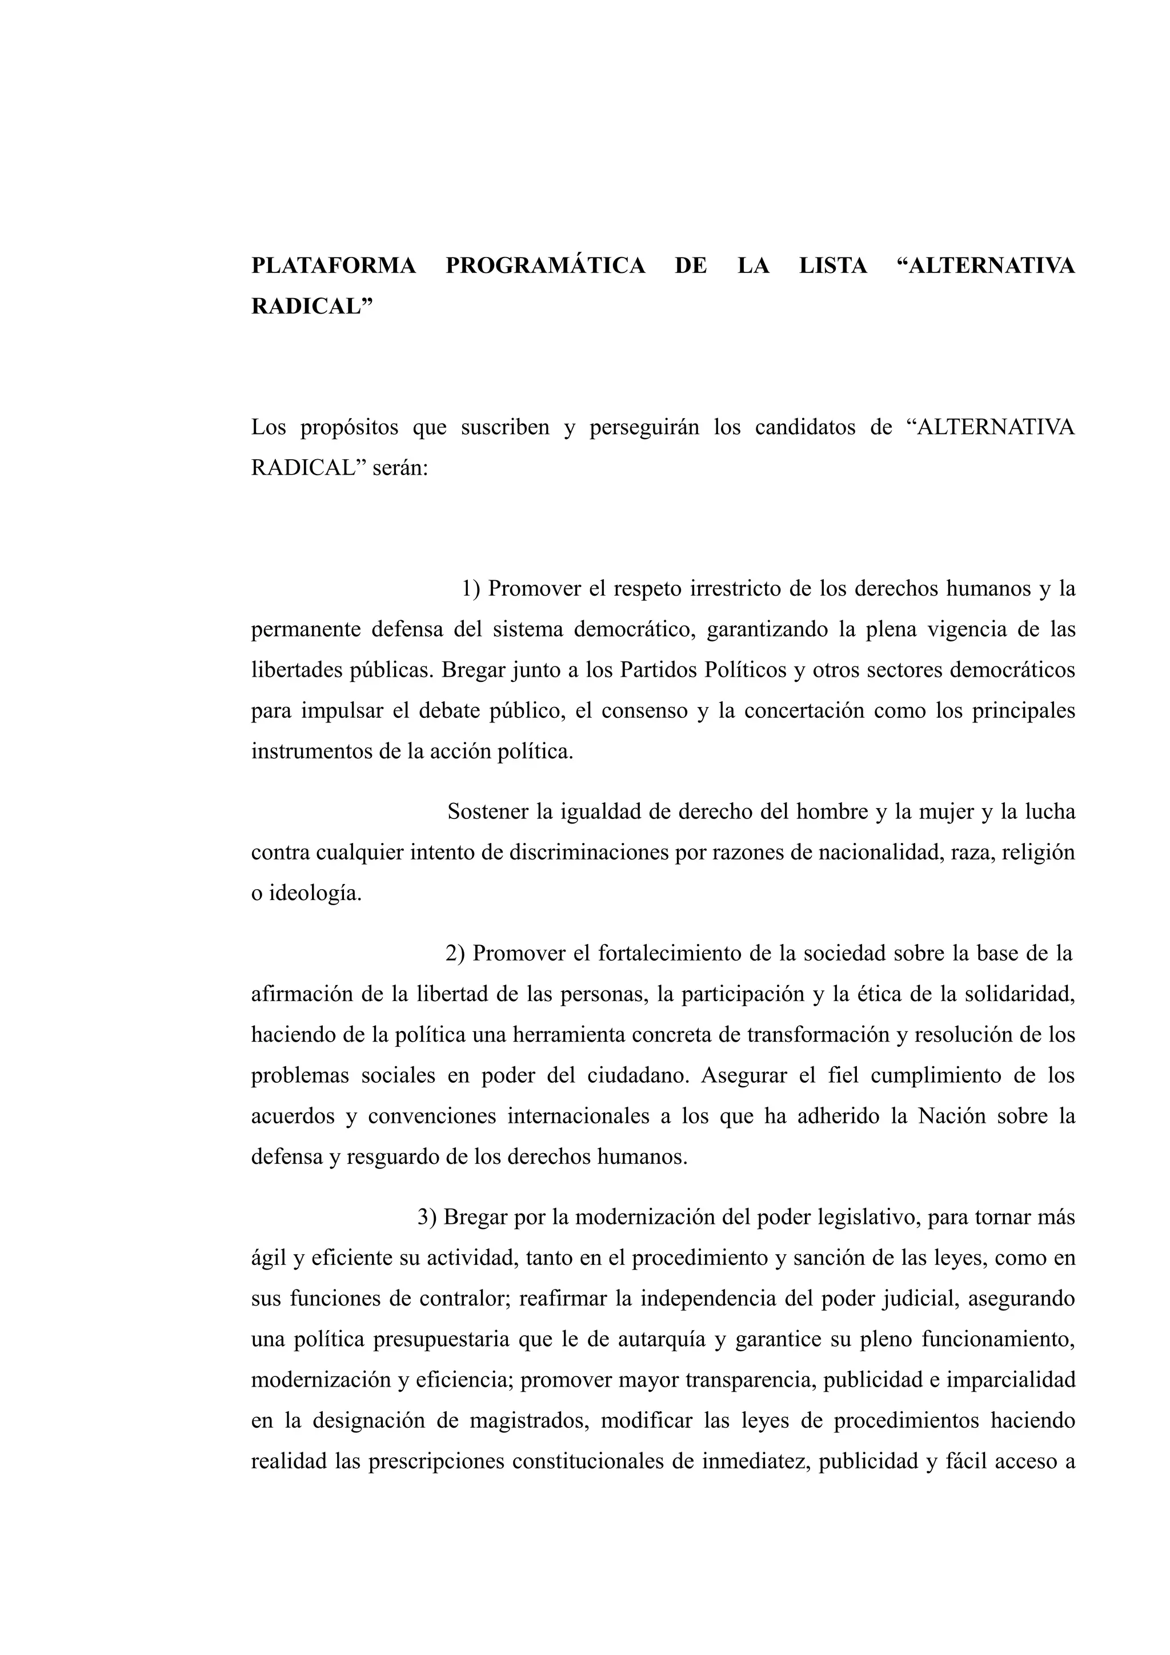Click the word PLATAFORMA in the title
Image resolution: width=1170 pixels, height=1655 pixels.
point(334,266)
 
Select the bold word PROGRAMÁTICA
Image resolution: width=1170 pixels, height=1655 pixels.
point(545,266)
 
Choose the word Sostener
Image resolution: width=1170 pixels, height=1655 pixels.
point(487,812)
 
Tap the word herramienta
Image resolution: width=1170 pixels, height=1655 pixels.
point(563,1035)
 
